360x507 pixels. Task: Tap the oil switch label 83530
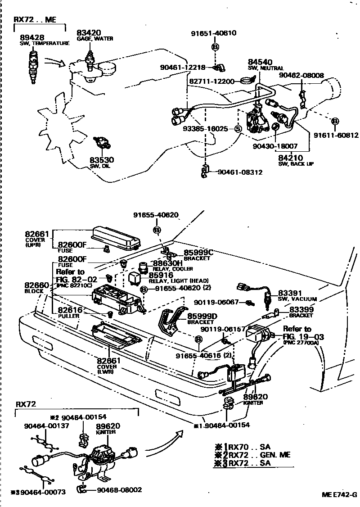[x=101, y=160]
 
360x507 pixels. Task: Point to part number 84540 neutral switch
[x=260, y=62]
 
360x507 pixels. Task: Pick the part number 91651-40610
[x=214, y=33]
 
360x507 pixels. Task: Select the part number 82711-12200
[x=211, y=81]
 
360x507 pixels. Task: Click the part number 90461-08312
[x=240, y=172]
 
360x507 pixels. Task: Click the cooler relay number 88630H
[x=167, y=263]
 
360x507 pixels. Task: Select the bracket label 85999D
[x=201, y=316]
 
